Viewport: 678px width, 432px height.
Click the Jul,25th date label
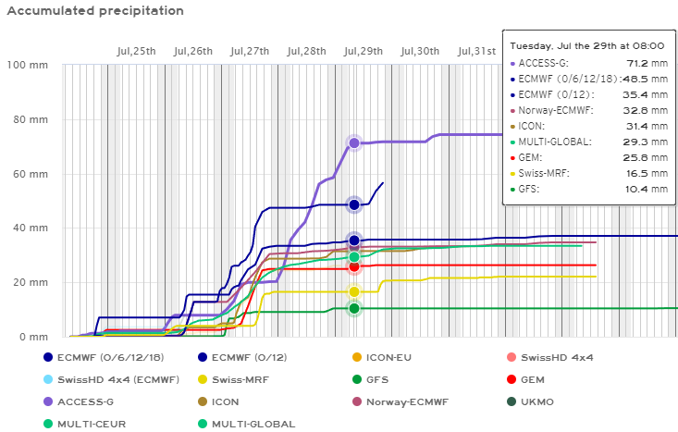[x=136, y=50]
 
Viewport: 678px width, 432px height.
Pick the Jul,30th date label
[x=420, y=50]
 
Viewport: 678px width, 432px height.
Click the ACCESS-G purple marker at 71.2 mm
[x=354, y=143]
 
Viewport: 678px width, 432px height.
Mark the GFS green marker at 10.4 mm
[x=354, y=309]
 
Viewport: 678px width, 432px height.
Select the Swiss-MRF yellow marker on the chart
[x=354, y=292]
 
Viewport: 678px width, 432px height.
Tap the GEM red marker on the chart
[x=354, y=266]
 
